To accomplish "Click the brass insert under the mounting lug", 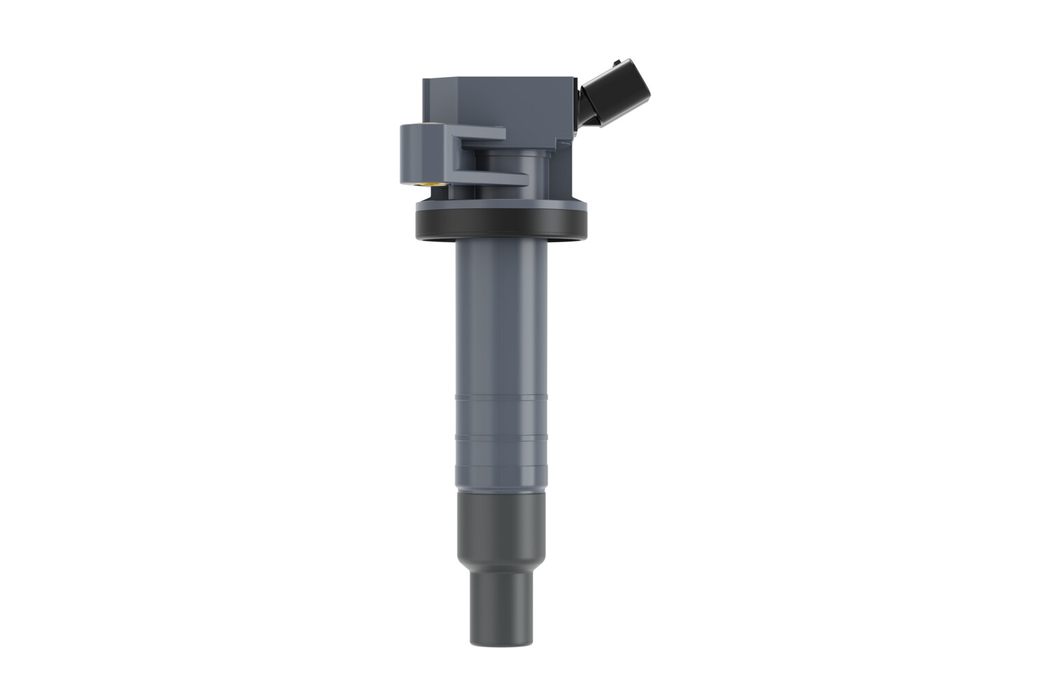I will pos(434,184).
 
